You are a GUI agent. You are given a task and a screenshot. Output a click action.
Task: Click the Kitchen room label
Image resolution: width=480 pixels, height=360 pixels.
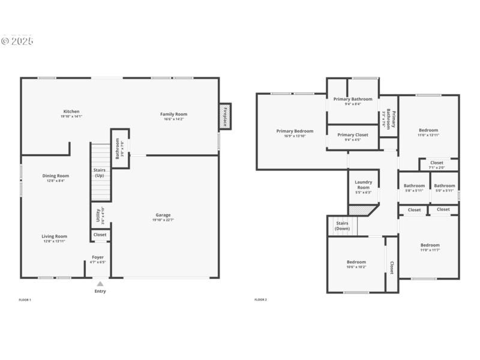coord(71,112)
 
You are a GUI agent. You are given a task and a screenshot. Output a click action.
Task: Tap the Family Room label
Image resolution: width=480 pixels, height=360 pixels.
coord(173,114)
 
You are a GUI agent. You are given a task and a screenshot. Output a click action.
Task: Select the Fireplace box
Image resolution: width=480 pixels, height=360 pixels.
coord(226,116)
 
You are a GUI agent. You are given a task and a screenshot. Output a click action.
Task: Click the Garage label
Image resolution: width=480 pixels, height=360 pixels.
coord(163,215)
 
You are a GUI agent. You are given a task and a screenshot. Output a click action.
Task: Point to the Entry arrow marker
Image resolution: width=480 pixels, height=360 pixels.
coord(100,284)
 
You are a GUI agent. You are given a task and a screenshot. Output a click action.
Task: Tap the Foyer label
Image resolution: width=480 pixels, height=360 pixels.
coord(97,257)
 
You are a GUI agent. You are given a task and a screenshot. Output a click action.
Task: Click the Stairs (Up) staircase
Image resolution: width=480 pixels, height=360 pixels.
coord(101,172)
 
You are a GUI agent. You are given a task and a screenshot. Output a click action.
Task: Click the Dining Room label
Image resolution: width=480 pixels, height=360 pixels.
coord(55,176)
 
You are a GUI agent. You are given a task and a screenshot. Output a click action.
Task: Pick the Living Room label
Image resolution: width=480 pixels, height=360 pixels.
coord(54,236)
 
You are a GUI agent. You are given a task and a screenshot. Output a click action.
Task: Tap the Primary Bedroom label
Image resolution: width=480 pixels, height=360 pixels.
coord(295,131)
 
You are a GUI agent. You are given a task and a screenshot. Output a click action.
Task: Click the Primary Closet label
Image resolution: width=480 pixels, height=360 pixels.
coord(353,135)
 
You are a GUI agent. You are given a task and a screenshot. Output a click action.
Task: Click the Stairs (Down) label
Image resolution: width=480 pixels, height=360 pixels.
coord(343,226)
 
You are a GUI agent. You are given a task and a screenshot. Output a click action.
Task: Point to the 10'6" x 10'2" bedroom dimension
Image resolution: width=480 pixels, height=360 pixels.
coord(356,267)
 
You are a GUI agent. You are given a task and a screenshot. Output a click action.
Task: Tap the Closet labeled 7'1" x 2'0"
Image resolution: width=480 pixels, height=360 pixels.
coord(437,164)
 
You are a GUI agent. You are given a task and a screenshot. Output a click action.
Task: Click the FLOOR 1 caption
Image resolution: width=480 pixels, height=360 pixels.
coord(25,299)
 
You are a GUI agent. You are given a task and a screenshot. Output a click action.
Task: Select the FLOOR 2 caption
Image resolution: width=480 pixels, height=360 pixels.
coord(260,299)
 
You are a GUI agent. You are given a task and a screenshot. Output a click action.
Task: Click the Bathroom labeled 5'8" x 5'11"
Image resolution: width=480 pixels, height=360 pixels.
coord(414,188)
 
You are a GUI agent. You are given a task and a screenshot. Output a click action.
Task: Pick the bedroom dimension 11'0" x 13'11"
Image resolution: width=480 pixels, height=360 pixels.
coord(428,135)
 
